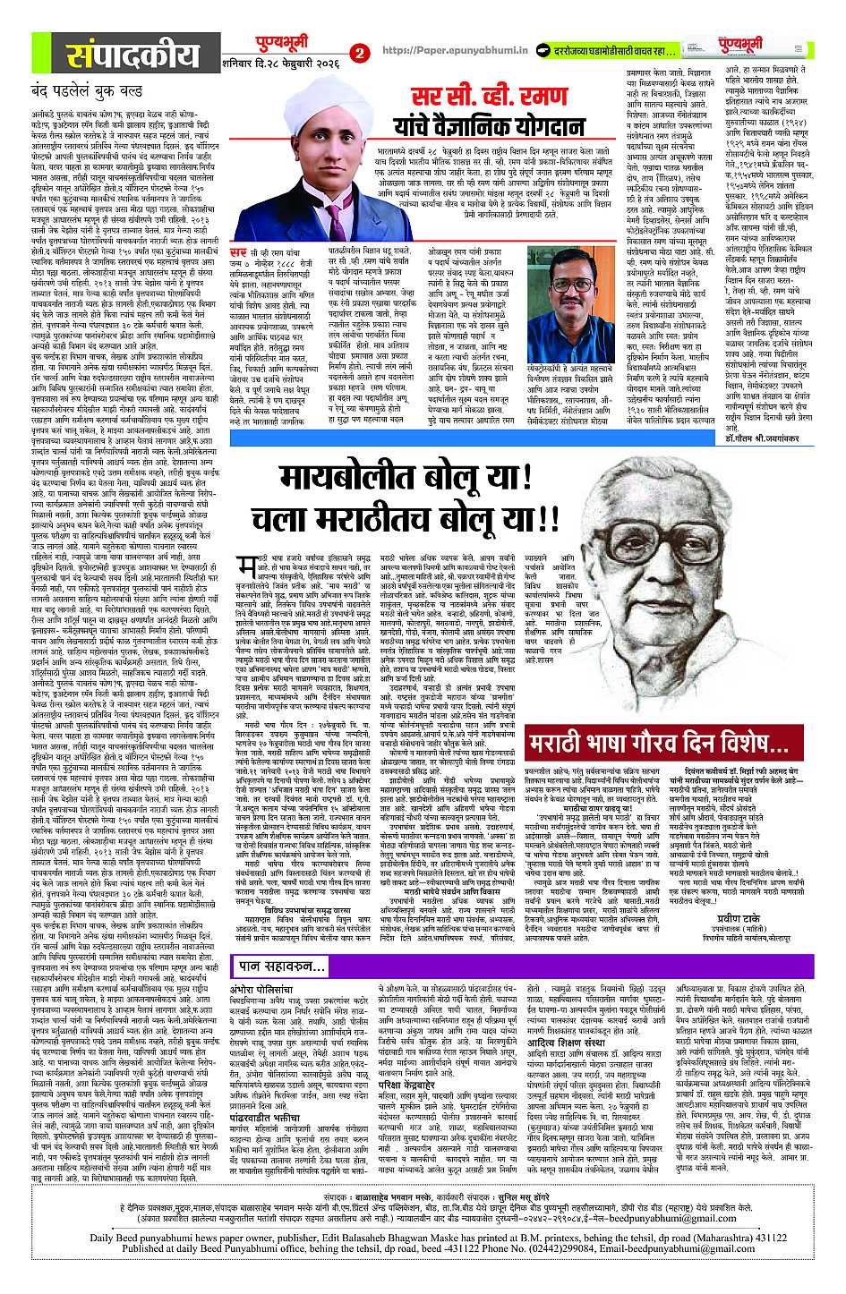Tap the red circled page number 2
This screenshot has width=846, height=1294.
pyautogui.click(x=361, y=54)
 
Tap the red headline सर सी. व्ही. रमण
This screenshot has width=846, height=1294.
pyautogui.click(x=471, y=97)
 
